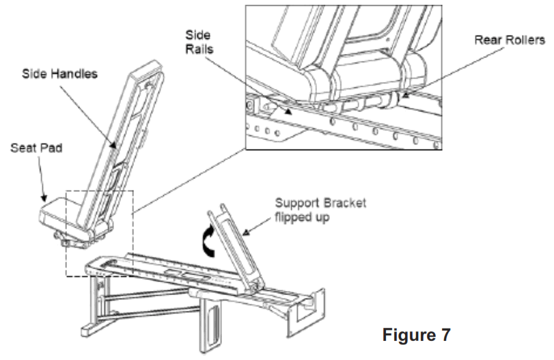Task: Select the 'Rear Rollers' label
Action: click(x=510, y=40)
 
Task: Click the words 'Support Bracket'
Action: click(x=320, y=204)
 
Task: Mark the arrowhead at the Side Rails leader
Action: click(x=290, y=107)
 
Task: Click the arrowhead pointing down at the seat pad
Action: click(x=46, y=198)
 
